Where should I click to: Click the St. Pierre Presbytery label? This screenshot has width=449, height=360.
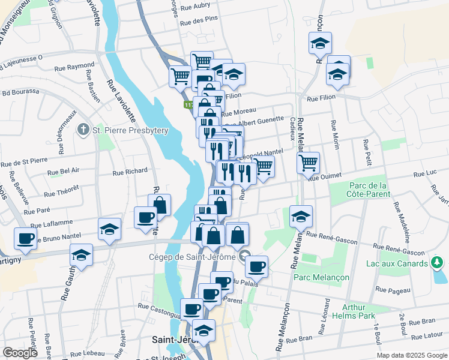(x=130, y=131)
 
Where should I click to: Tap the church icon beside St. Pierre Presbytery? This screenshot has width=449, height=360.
(x=84, y=130)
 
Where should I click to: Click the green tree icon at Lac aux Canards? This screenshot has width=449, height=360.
(x=438, y=262)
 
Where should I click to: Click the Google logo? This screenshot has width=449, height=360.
(x=20, y=353)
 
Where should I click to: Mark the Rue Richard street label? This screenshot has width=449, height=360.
(x=130, y=172)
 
